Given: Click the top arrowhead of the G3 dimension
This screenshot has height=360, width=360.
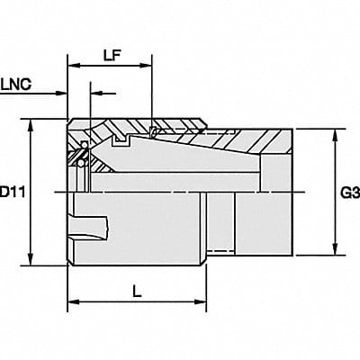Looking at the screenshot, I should point(335,133).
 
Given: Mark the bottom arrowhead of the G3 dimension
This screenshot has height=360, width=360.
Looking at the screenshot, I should point(335,251).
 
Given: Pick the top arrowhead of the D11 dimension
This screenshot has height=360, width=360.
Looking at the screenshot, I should point(33,124).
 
